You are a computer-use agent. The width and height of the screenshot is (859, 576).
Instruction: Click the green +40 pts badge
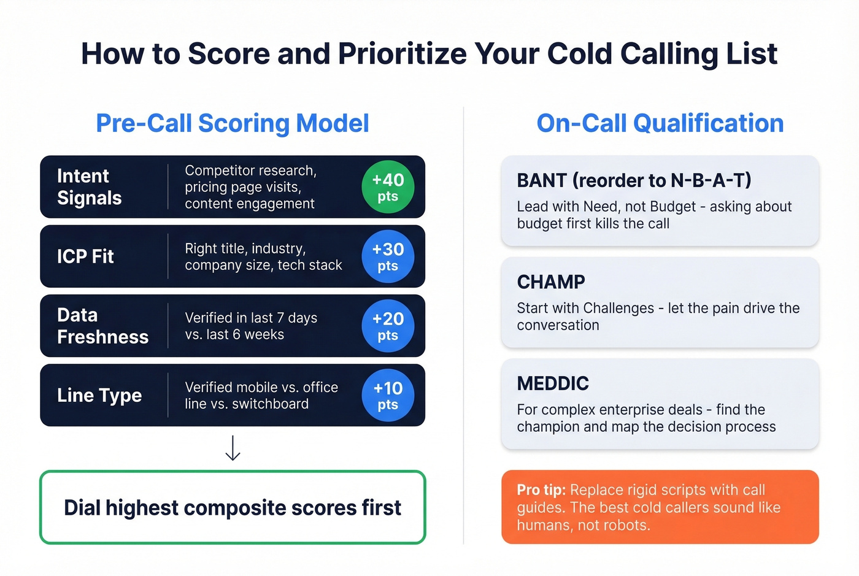pyautogui.click(x=388, y=187)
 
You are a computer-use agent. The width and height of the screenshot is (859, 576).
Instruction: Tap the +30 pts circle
pyautogui.click(x=388, y=256)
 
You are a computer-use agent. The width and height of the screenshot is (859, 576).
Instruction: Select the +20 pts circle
pyautogui.click(x=388, y=326)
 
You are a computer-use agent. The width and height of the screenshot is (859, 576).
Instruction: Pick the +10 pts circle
pyautogui.click(x=388, y=395)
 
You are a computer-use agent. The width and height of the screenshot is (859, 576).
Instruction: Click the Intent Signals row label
pyautogui.click(x=90, y=187)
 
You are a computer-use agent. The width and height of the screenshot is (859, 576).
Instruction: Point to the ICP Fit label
pyautogui.click(x=85, y=256)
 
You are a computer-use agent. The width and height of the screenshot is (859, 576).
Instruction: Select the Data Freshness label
pyautogui.click(x=102, y=326)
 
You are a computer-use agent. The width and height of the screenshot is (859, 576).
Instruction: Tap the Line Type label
pyautogui.click(x=99, y=396)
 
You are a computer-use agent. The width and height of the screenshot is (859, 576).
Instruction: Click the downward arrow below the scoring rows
pyautogui.click(x=233, y=448)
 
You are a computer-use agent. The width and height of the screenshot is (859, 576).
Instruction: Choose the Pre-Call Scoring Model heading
pyautogui.click(x=233, y=123)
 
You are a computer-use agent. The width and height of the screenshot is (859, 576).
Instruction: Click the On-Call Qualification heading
pyautogui.click(x=660, y=123)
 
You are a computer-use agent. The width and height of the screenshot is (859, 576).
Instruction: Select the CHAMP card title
pyautogui.click(x=551, y=282)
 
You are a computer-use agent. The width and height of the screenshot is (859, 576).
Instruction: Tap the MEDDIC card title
pyautogui.click(x=553, y=383)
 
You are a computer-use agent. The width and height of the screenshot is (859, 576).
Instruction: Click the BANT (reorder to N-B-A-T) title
pyautogui.click(x=634, y=180)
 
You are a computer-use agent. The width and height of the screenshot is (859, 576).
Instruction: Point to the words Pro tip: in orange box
pyautogui.click(x=541, y=490)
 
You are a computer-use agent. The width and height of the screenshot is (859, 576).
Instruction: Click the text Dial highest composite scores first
pyautogui.click(x=233, y=508)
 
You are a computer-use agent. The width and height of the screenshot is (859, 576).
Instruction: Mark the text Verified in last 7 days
pyautogui.click(x=251, y=318)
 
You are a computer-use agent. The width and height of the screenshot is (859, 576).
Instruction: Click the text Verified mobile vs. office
pyautogui.click(x=261, y=387)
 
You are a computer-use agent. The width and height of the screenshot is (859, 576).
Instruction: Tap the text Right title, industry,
pyautogui.click(x=245, y=248)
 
